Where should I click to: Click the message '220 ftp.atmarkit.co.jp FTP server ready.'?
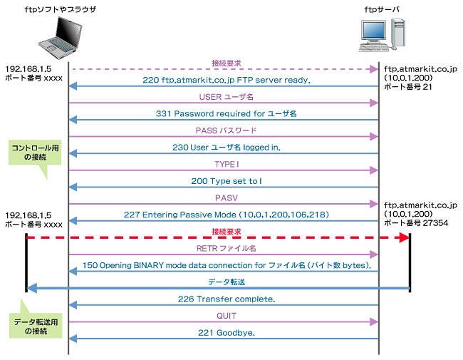pyautogui.click(x=226, y=80)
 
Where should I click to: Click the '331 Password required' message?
pyautogui.click(x=226, y=114)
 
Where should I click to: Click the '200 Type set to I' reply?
pyautogui.click(x=226, y=182)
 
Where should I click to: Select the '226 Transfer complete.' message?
pyautogui.click(x=226, y=299)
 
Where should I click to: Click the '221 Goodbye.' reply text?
pyautogui.click(x=226, y=334)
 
